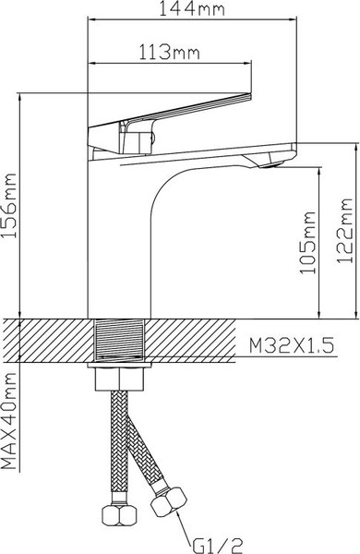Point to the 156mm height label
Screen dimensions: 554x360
click(x=11, y=209)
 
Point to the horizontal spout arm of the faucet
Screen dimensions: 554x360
click(x=222, y=152)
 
